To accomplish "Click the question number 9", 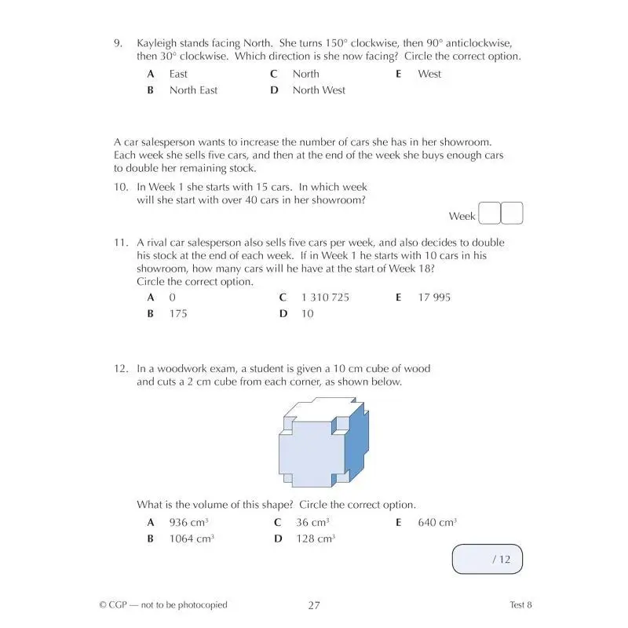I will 118,42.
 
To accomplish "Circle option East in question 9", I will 178,74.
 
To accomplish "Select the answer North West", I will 318,90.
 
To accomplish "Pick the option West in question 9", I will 429,74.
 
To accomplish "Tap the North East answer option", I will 193,90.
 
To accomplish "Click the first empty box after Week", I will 489,214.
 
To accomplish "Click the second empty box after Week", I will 512,214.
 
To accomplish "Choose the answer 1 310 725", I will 325,298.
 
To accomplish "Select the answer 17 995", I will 434,298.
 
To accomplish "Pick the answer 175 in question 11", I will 178,314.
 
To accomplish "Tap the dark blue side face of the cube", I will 358,447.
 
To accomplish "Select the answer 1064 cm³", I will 192,539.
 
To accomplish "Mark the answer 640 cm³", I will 436,523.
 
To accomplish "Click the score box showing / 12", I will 487,559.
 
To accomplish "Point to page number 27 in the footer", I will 314,604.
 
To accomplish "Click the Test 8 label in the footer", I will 520,604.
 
